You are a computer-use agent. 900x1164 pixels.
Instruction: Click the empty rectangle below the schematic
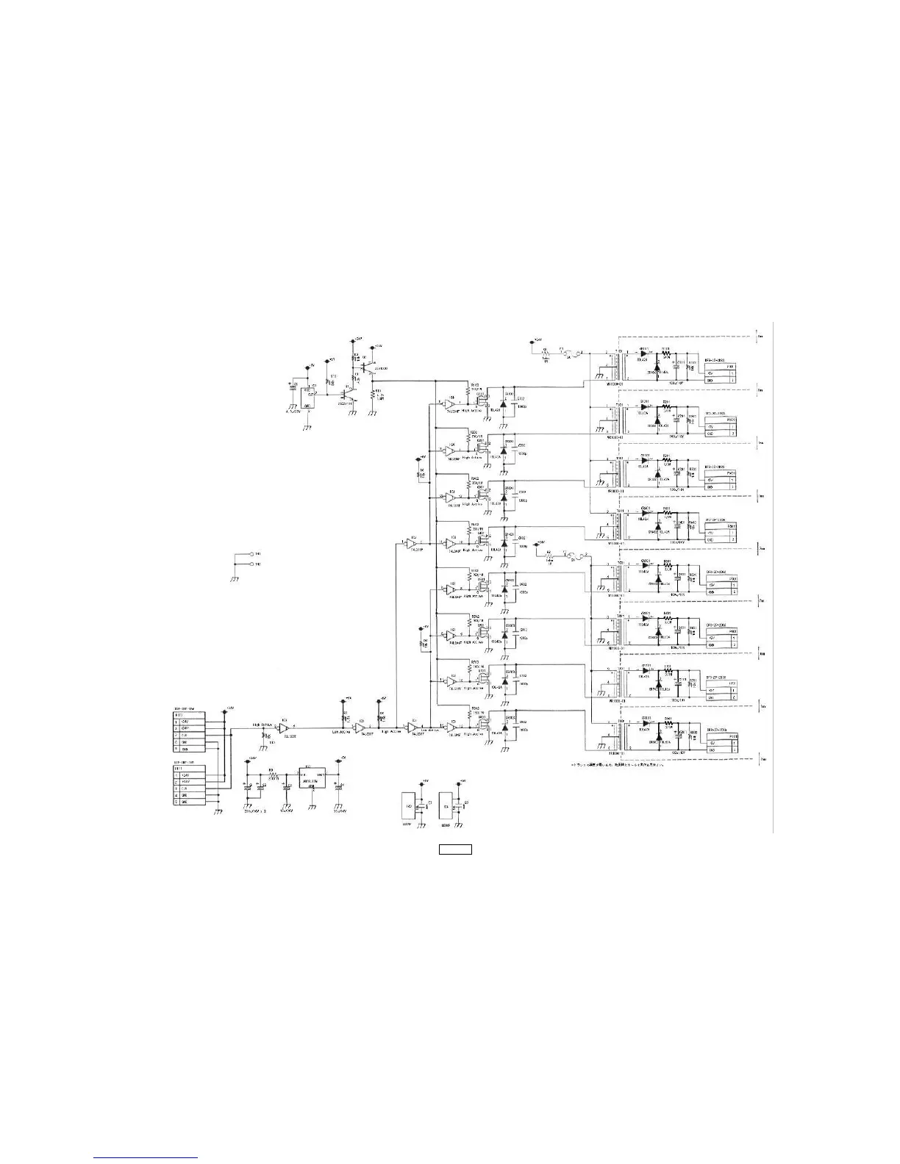pos(455,850)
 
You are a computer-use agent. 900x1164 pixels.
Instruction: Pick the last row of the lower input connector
pos(195,802)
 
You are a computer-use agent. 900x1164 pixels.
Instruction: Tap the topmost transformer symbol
pos(615,366)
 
